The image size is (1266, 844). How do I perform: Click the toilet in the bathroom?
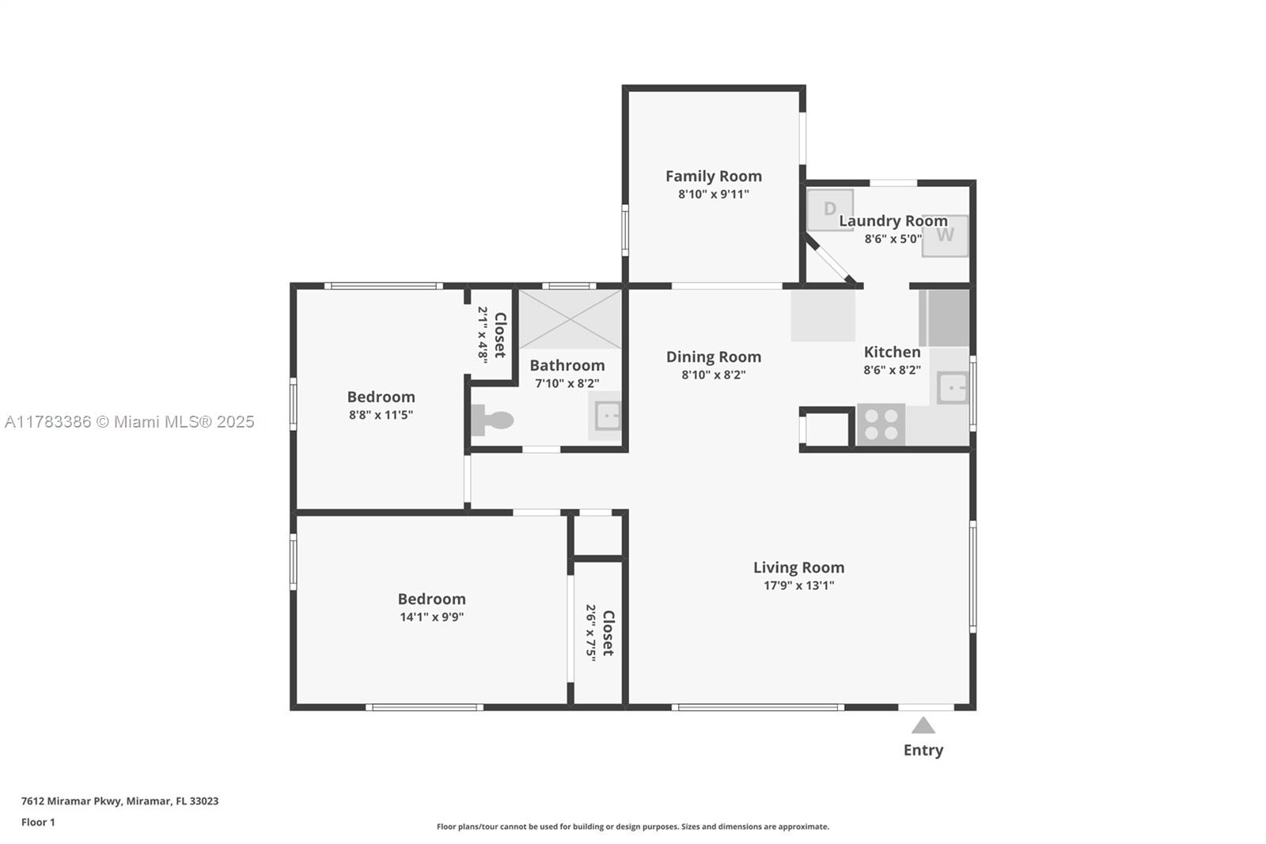pos(491,420)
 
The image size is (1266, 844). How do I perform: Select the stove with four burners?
pos(881,424)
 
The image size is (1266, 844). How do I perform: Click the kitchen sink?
pos(953,388)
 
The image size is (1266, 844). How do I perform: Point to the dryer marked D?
pos(830,210)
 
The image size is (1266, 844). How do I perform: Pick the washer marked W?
pos(945,236)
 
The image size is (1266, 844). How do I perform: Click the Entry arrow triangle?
pos(923,725)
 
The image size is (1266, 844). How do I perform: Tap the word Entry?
pos(923,750)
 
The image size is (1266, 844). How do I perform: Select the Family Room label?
pos(713,177)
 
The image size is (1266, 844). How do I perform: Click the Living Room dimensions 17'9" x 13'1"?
pos(798,585)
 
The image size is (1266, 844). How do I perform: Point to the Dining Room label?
pos(713,357)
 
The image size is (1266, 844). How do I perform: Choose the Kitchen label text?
pos(892,352)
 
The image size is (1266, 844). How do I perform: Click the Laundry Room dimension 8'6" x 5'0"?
pos(893,239)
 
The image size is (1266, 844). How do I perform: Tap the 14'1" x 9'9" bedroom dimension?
pos(432,617)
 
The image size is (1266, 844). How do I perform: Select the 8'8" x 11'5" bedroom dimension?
pos(381,415)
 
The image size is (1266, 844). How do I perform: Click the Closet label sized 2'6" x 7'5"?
pos(608,633)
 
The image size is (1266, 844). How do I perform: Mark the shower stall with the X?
pos(570,320)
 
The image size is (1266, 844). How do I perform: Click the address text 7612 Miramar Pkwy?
pos(71,801)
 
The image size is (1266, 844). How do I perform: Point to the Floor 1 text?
pos(38,823)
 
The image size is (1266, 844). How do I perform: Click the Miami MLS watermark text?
pos(130,421)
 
